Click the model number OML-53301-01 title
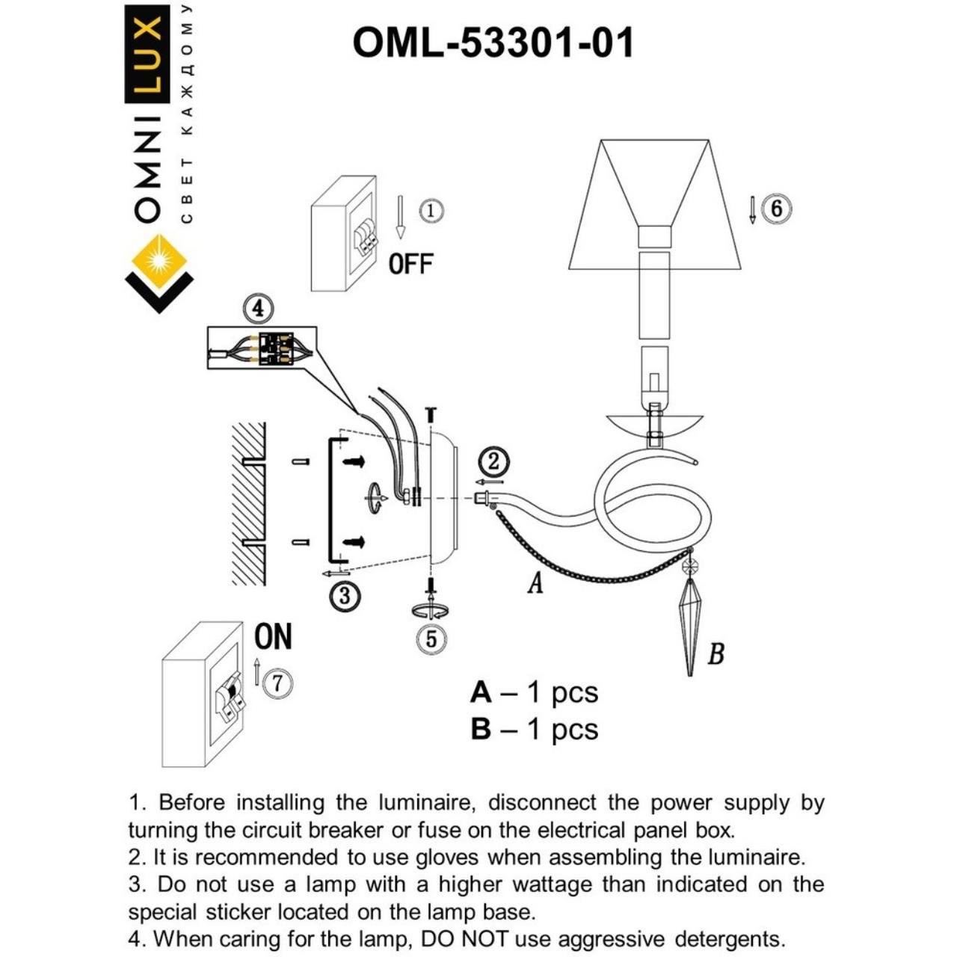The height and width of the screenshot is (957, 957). (x=493, y=43)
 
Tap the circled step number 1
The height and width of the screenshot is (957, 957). (x=431, y=211)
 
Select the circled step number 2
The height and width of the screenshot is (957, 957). (x=493, y=462)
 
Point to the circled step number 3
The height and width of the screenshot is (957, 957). (x=345, y=596)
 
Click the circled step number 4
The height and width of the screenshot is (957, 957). (x=258, y=308)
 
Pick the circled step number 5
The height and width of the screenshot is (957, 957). (x=431, y=639)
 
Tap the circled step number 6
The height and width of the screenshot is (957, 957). (x=776, y=208)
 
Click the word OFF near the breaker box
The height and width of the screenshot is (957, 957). (x=410, y=264)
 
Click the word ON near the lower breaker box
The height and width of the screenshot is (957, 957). (x=273, y=637)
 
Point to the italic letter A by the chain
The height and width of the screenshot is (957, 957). (x=535, y=582)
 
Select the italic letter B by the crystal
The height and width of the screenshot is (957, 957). (x=716, y=654)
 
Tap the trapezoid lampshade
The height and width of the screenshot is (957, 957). (x=654, y=202)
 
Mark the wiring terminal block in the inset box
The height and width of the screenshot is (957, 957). (x=274, y=348)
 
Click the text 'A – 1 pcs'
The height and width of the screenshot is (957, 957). (x=534, y=692)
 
